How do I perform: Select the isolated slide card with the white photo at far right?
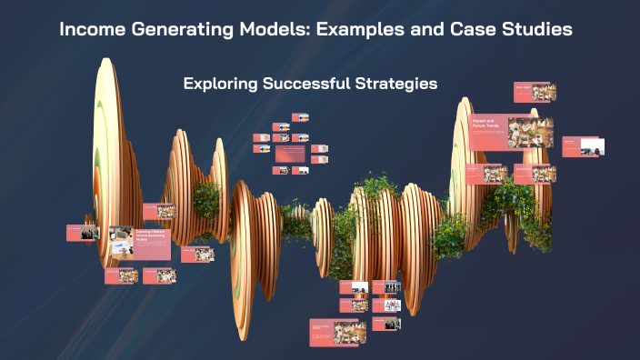coord(584,146)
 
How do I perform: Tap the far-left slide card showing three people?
coord(82,233)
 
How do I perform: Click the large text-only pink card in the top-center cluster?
coord(291,155)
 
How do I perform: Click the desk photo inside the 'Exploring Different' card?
coord(121,245)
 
